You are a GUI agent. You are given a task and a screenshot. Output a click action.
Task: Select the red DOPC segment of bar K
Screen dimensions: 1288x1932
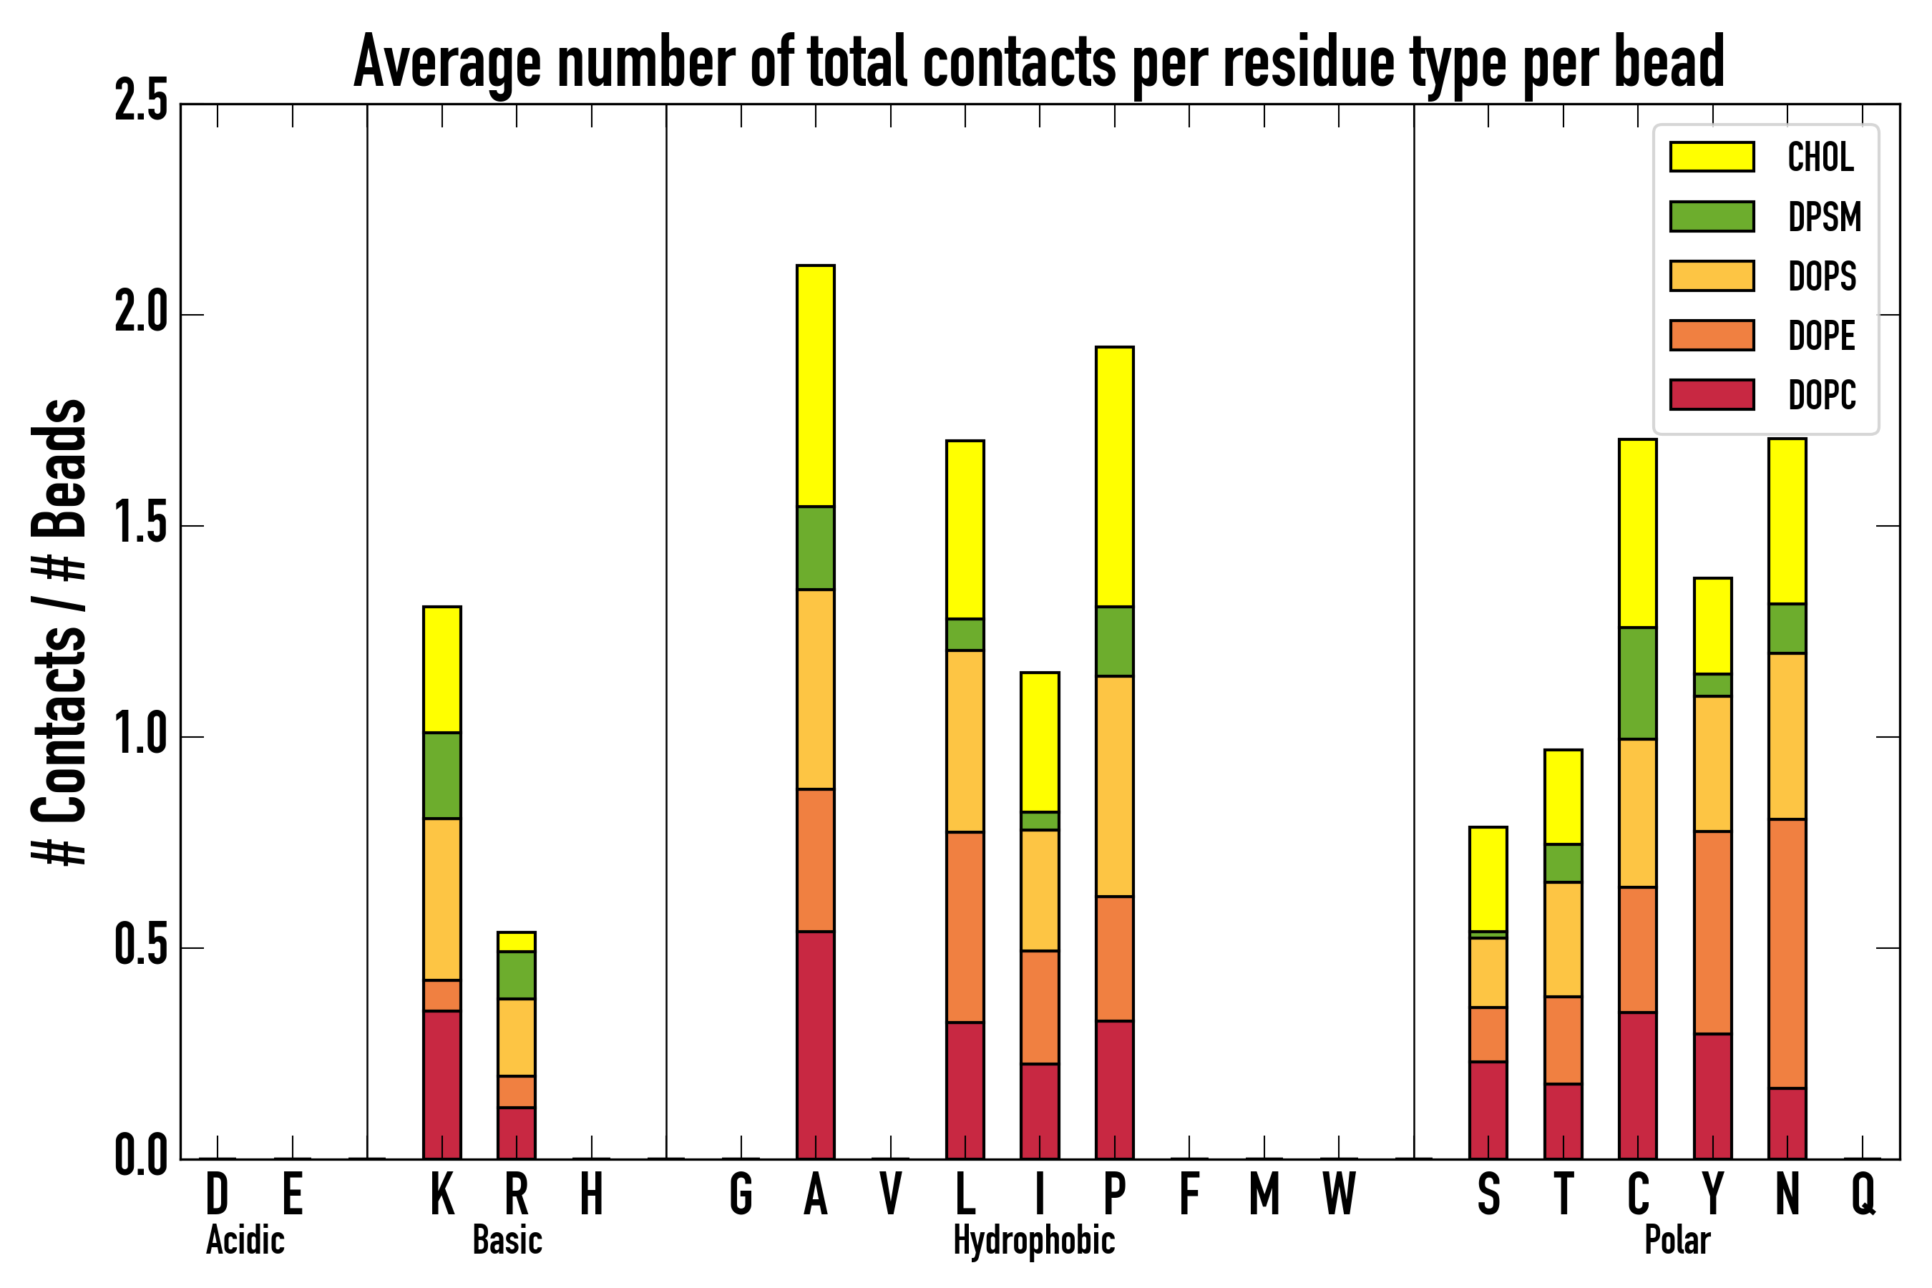[442, 1084]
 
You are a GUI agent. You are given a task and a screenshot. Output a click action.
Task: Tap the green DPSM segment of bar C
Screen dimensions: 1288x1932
[1637, 683]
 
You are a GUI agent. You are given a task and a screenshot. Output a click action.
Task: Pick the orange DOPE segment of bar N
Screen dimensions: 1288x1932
[1787, 953]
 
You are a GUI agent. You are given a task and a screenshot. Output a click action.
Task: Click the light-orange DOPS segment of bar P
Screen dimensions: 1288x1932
[1114, 786]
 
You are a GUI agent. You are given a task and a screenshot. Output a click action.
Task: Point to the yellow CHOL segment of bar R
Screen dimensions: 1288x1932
[516, 942]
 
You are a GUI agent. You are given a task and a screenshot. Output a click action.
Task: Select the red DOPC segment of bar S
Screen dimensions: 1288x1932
[1488, 1110]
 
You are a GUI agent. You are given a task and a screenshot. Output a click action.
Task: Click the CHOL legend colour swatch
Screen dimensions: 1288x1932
[1712, 156]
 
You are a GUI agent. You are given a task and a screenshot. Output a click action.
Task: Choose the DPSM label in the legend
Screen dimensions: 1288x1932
[1823, 217]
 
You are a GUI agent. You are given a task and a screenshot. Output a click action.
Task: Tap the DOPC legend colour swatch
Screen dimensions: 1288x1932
[1712, 394]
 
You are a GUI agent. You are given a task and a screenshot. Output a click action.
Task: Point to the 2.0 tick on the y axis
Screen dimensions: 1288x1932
[140, 314]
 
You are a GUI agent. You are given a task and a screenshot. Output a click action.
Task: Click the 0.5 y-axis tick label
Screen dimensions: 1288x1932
[140, 947]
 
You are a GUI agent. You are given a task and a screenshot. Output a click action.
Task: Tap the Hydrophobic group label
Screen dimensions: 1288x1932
[1033, 1240]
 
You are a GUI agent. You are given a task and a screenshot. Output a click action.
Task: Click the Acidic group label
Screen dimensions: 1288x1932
[245, 1240]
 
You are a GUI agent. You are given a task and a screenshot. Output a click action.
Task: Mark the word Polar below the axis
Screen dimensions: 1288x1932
[1677, 1240]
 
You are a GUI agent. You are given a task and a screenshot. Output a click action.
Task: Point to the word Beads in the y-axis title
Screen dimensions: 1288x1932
[59, 468]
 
